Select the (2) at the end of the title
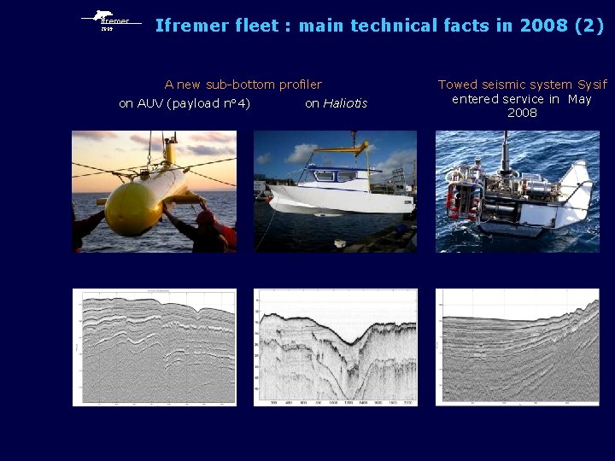(x=589, y=26)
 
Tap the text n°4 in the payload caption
(x=238, y=103)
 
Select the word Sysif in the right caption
(x=592, y=85)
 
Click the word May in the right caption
(x=579, y=99)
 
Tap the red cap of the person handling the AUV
(x=205, y=218)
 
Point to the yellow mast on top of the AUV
(x=170, y=153)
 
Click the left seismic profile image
(x=154, y=347)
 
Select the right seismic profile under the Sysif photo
(x=517, y=347)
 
